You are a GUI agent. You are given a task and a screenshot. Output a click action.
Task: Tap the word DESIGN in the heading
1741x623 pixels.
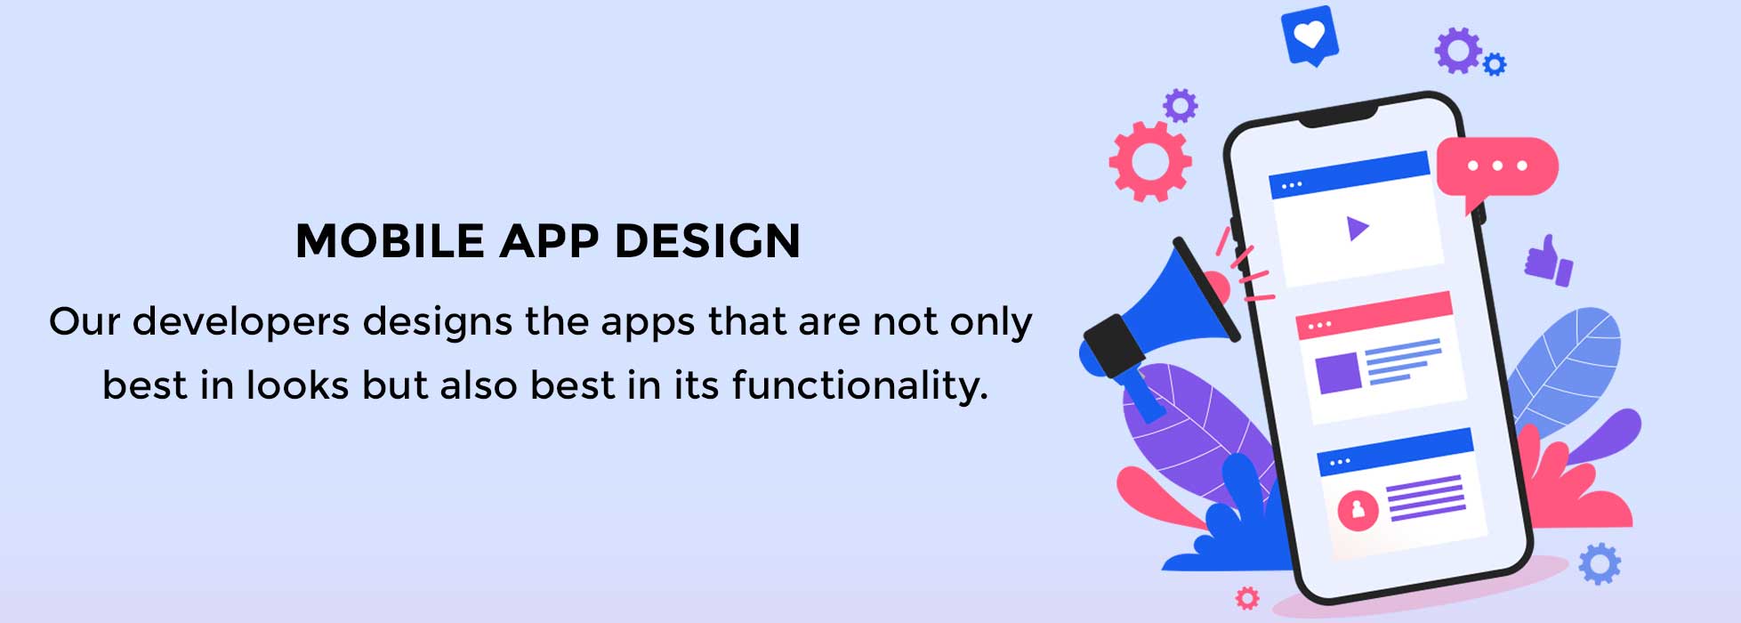pyautogui.click(x=708, y=241)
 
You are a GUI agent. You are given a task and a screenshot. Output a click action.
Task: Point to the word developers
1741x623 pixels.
pyautogui.click(x=241, y=322)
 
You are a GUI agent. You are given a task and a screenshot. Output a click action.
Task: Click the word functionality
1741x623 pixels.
pyautogui.click(x=859, y=385)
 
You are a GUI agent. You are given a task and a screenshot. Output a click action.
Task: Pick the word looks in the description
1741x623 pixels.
pyautogui.click(x=298, y=385)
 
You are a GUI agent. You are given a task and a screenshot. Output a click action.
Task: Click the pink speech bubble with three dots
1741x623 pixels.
pyautogui.click(x=1497, y=169)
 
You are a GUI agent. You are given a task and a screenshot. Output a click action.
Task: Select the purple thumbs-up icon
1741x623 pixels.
pyautogui.click(x=1549, y=260)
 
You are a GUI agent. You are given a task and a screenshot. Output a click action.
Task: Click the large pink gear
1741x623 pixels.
pyautogui.click(x=1150, y=161)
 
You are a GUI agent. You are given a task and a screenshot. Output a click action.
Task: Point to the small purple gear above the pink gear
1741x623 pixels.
pyautogui.click(x=1181, y=106)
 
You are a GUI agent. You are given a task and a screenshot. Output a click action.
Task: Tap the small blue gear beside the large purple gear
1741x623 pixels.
pyautogui.click(x=1495, y=64)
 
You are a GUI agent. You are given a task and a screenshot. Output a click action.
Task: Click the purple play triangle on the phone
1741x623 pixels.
pyautogui.click(x=1356, y=230)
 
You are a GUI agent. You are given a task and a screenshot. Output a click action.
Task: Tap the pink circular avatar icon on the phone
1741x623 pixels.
pyautogui.click(x=1358, y=510)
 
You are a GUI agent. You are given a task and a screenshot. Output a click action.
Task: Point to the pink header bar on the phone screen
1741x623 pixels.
pyautogui.click(x=1374, y=315)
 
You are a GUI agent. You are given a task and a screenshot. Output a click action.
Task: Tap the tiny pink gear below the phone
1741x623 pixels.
pyautogui.click(x=1248, y=598)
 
